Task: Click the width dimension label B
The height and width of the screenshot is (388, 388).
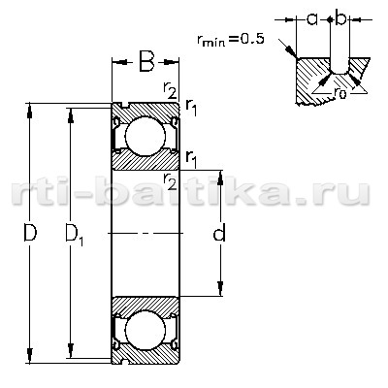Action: coord(146,61)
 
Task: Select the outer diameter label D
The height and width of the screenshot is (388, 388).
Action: coord(30,232)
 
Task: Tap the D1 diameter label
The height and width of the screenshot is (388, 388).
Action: coord(75,235)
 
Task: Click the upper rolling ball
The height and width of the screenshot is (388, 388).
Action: coord(145,137)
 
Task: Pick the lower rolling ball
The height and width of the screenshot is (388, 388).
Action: coord(145,331)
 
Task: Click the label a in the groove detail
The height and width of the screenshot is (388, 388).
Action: coord(311,19)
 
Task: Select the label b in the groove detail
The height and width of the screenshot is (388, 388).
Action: coord(340,18)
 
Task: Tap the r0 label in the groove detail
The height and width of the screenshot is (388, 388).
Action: coord(339,92)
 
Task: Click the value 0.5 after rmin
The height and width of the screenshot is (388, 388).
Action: coord(252,39)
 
